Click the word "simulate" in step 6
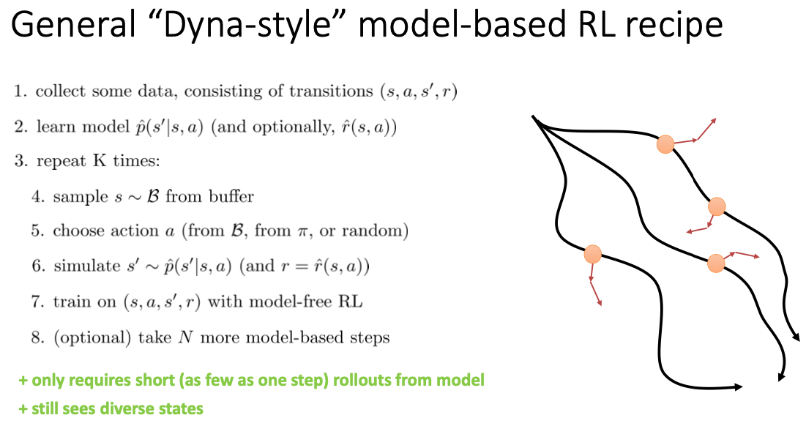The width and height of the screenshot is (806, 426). pos(80,266)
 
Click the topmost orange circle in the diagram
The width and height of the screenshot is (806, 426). pos(665,144)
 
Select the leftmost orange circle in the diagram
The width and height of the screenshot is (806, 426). pos(592,254)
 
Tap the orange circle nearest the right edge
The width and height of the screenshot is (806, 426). pos(717,206)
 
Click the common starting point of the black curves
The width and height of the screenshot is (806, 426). pos(534,117)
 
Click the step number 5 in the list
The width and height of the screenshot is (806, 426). pos(37,231)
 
